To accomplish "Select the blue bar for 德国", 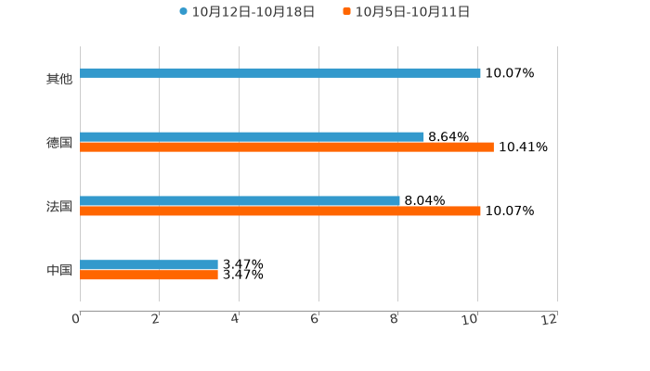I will [x=252, y=137].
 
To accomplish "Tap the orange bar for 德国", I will [x=287, y=147].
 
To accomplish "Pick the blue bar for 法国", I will [x=240, y=201].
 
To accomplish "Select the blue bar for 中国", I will [x=149, y=265].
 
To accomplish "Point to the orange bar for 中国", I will [x=149, y=275].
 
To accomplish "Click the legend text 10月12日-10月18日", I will [x=253, y=12].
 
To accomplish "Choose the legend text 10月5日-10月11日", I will [x=412, y=12].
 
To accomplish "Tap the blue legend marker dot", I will [x=183, y=12].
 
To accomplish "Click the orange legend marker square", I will [x=346, y=12].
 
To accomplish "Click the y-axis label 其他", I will [x=59, y=79].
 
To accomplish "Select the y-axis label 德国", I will [x=59, y=143].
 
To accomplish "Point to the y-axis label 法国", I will [x=59, y=207].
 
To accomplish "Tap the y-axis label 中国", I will [x=59, y=271].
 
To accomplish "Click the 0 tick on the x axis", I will [x=76, y=319].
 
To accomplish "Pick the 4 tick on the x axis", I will [x=236, y=319].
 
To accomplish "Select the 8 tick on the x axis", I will [x=395, y=319].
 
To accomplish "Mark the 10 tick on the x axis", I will [x=472, y=319].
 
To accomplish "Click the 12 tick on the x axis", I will [x=551, y=319].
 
